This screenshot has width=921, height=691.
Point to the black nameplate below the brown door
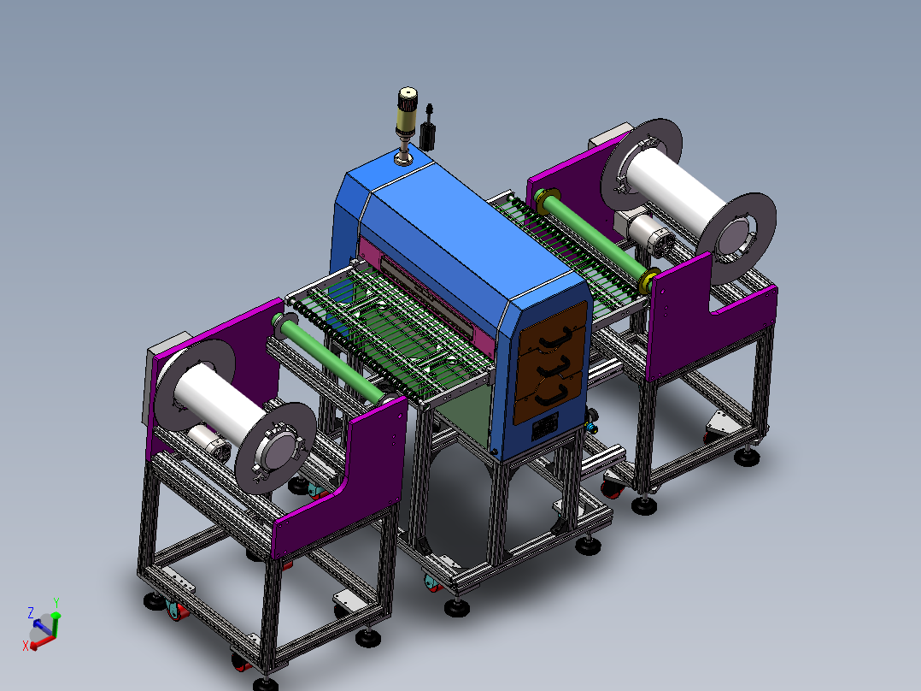point(545,427)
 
